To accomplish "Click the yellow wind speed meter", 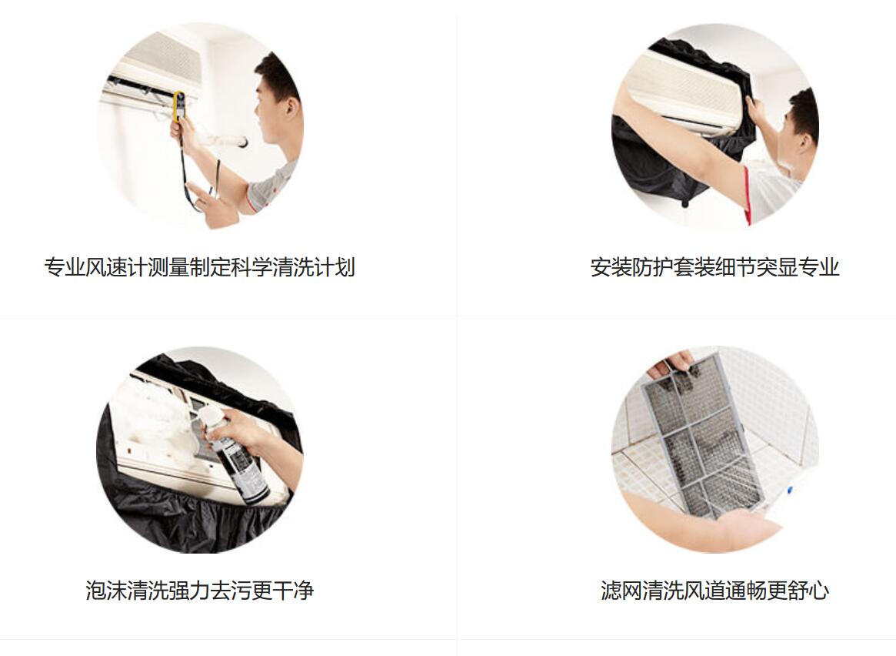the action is tap(178, 106).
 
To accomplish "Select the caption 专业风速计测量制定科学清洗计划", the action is tap(200, 267).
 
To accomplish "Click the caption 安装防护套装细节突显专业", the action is tap(714, 267).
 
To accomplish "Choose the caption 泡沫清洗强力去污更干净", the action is tap(200, 591).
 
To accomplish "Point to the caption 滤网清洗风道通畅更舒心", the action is tap(714, 591).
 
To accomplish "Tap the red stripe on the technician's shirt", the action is tap(747, 195).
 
